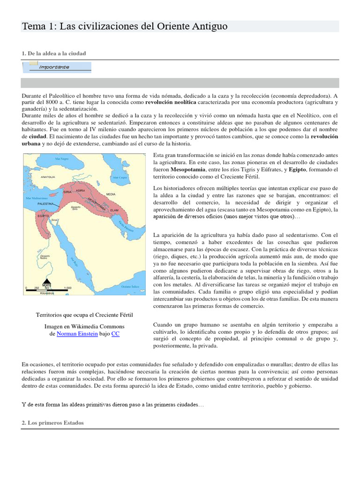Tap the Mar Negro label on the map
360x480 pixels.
[x=62, y=159]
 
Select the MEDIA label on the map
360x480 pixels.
[x=111, y=194]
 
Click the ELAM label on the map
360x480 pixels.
[x=113, y=210]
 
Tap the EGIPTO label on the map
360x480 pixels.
[x=44, y=216]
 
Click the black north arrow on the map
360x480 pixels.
[x=47, y=279]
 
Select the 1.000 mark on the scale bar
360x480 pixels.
[x=67, y=288]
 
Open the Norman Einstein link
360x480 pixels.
[x=77, y=334]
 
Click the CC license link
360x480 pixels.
[x=115, y=334]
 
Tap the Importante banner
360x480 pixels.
[x=57, y=67]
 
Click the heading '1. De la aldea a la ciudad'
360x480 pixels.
[x=54, y=53]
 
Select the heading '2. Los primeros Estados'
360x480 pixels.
[x=52, y=422]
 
